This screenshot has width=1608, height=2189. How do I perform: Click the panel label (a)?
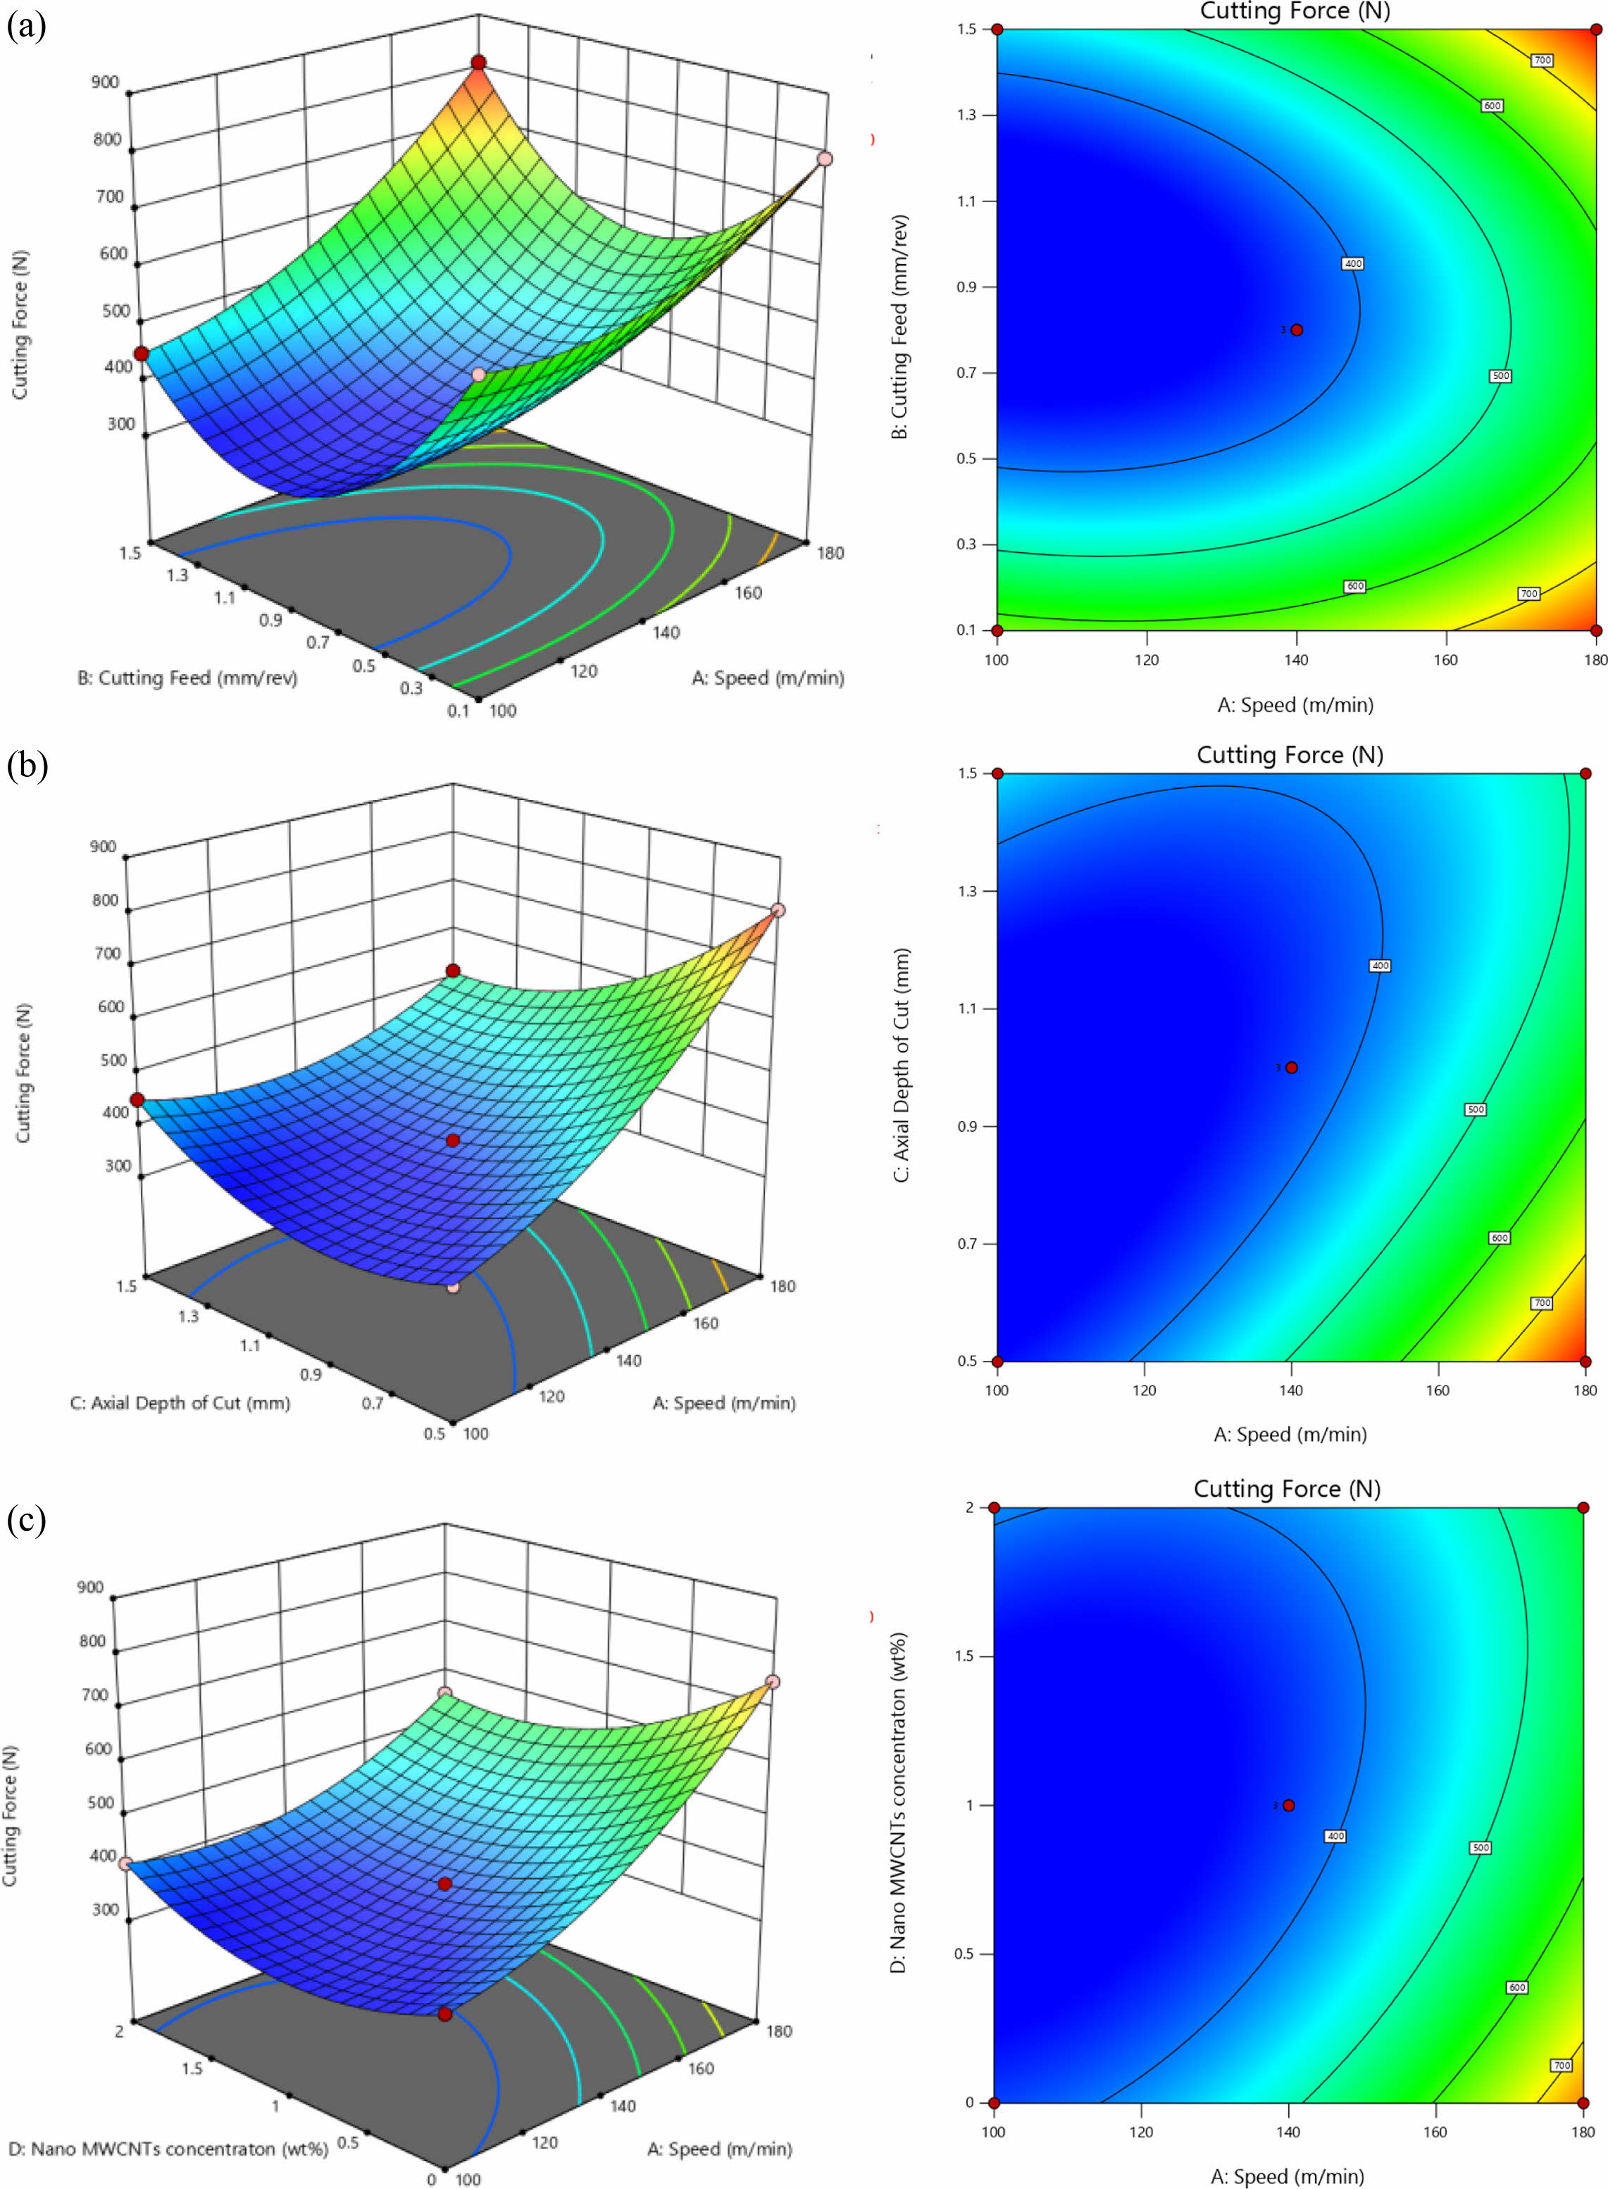pos(26,26)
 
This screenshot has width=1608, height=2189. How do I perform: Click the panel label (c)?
pos(26,1518)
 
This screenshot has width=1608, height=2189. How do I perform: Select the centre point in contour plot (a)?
pos(1297,330)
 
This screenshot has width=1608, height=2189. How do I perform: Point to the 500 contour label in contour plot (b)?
pos(1476,1109)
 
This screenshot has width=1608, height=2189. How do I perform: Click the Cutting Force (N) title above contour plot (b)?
pos(1290,754)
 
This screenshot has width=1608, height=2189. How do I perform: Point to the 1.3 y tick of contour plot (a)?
pos(966,116)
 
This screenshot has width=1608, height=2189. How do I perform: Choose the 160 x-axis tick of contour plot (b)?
pos(1438,1390)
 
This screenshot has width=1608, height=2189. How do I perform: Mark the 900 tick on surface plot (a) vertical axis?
pos(105,82)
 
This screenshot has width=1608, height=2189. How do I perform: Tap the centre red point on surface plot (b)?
pos(453,1140)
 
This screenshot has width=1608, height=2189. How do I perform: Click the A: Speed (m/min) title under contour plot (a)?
pos(1295,705)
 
